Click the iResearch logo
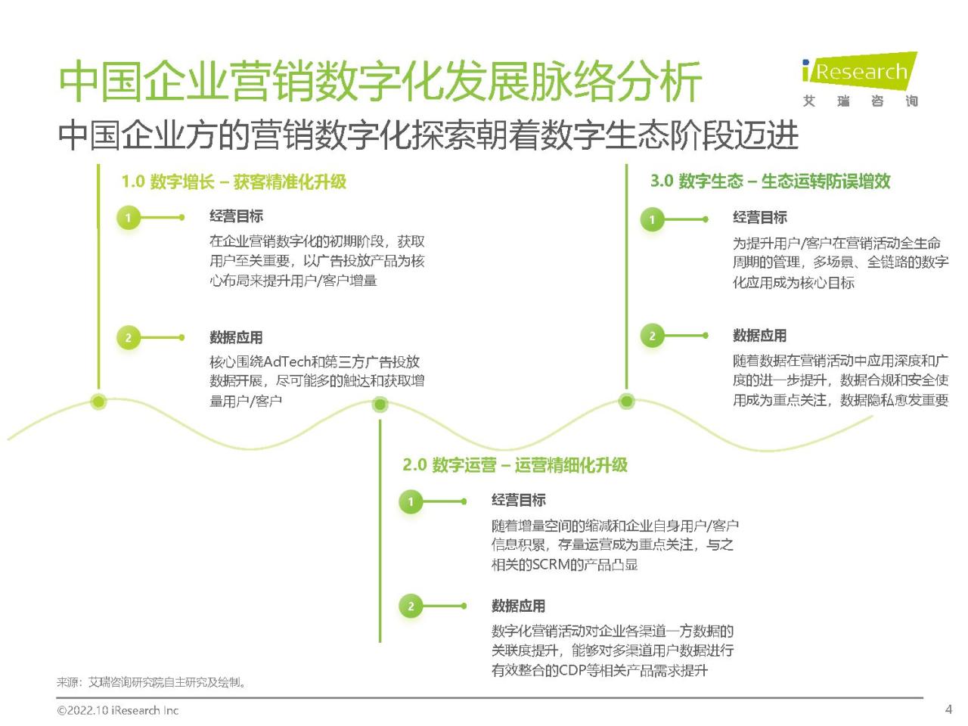point(859,79)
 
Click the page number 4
point(948,709)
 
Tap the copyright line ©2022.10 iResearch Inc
point(118,710)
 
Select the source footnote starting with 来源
point(151,682)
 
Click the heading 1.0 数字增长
point(234,181)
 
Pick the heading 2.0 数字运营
point(515,465)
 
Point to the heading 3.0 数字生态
point(770,181)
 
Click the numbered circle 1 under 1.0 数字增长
point(129,218)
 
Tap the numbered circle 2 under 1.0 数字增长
point(129,338)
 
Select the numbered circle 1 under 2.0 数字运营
point(411,501)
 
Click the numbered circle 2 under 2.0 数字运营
point(411,606)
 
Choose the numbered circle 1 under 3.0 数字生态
point(652,219)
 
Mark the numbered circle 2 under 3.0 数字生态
point(652,336)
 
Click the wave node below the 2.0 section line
point(380,404)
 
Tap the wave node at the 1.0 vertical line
point(99,402)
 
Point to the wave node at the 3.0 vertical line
point(626,401)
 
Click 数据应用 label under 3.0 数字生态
point(759,336)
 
